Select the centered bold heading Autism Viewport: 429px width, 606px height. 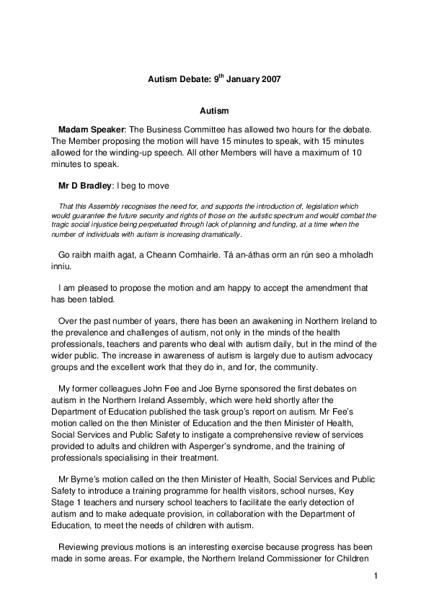214,111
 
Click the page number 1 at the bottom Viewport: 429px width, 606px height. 376,576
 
